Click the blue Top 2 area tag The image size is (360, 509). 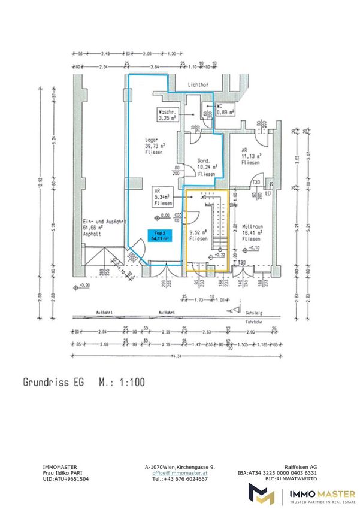pos(159,235)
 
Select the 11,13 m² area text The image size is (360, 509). pos(250,156)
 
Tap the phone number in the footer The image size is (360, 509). pos(179,479)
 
